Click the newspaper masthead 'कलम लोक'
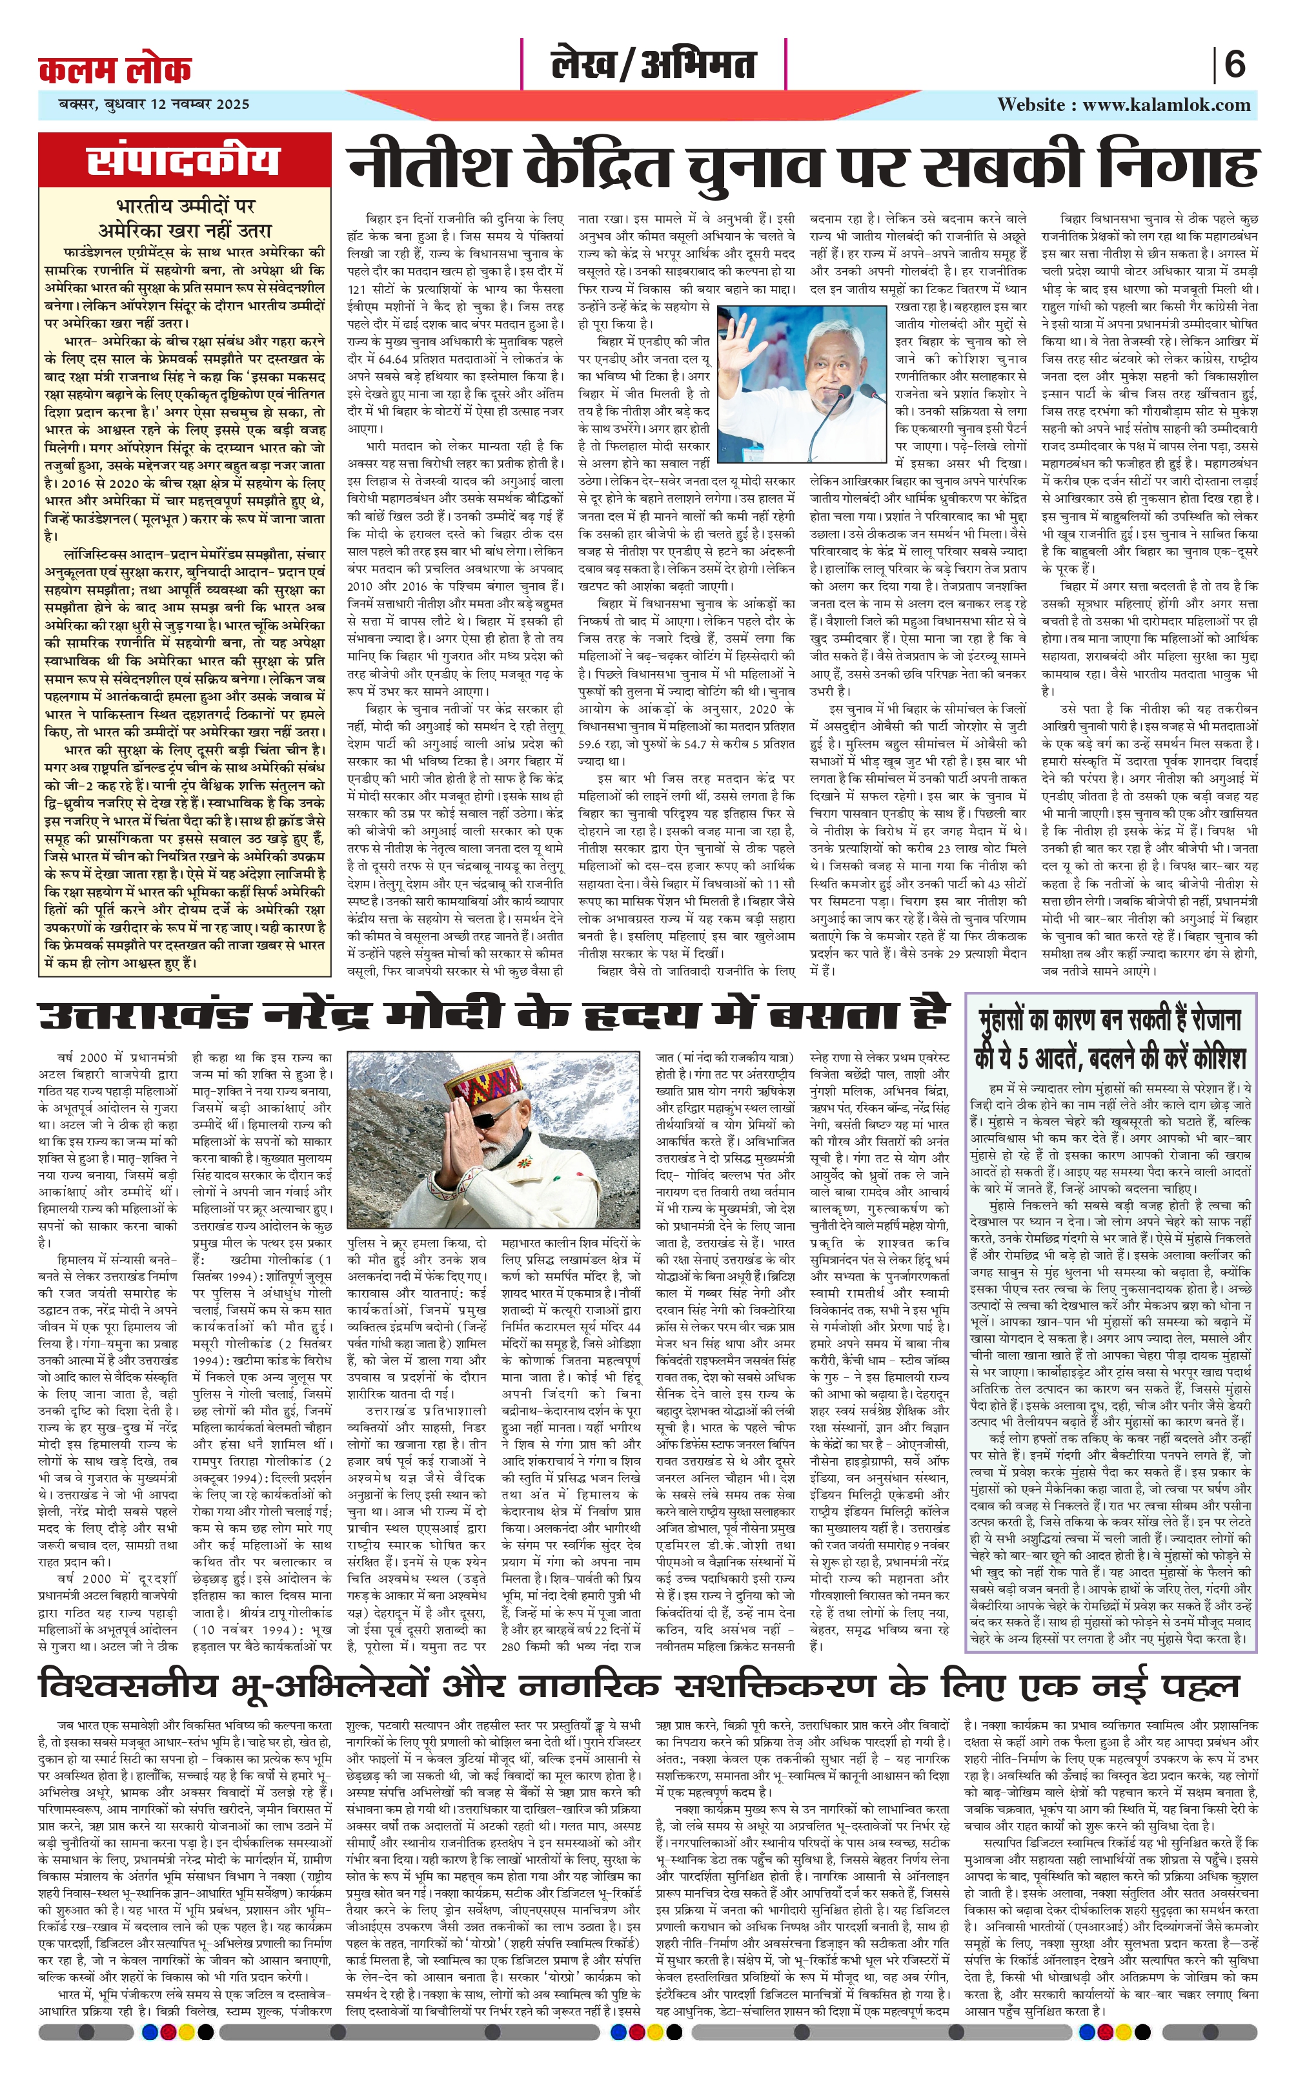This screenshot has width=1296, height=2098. tap(115, 68)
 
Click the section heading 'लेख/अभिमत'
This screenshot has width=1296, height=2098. tap(653, 65)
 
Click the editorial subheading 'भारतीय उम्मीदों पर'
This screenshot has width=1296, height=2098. tap(185, 207)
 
